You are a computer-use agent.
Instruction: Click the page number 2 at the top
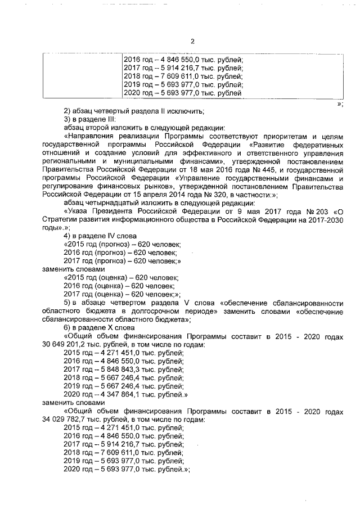[192, 41]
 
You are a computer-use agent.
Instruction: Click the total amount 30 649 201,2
[65, 344]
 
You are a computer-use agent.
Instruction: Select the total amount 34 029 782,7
[65, 420]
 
